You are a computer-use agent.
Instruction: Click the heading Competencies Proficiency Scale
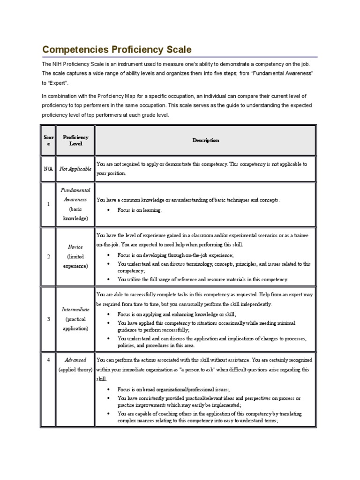pyautogui.click(x=117, y=49)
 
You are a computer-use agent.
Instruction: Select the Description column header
pyautogui.click(x=205, y=140)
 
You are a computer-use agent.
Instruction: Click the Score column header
pyautogui.click(x=49, y=140)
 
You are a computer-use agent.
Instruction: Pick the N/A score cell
pyautogui.click(x=49, y=169)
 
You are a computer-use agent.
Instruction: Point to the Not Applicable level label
pyautogui.click(x=75, y=169)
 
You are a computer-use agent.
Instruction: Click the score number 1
pyautogui.click(x=49, y=204)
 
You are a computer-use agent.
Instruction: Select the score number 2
pyautogui.click(x=49, y=256)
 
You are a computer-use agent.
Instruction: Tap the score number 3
pyautogui.click(x=49, y=319)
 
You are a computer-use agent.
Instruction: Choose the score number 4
pyautogui.click(x=49, y=360)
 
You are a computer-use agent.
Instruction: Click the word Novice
pyautogui.click(x=75, y=247)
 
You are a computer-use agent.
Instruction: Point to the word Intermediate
pyautogui.click(x=75, y=310)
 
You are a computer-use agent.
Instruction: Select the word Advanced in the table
pyautogui.click(x=75, y=360)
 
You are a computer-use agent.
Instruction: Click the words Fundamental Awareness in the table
pyautogui.click(x=75, y=195)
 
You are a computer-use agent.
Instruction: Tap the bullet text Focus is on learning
pyautogui.click(x=139, y=210)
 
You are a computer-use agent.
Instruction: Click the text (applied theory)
pyautogui.click(x=75, y=370)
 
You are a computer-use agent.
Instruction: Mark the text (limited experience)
pyautogui.click(x=75, y=261)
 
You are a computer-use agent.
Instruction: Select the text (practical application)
pyautogui.click(x=75, y=324)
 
